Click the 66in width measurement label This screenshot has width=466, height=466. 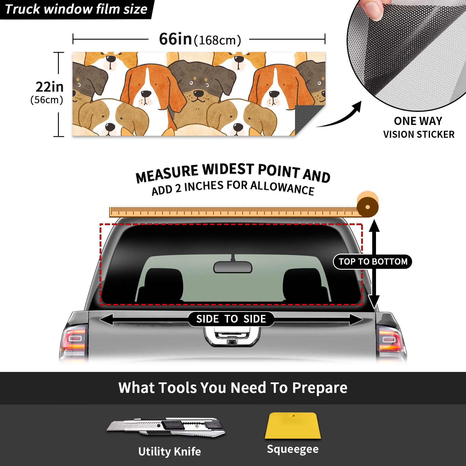200,39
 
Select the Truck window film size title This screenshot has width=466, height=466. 76,9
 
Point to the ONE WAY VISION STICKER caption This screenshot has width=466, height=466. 419,128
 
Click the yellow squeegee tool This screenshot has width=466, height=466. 293,426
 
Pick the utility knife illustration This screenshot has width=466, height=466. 166,428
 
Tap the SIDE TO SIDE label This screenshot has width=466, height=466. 231,319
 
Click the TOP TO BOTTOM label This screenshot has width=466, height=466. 373,262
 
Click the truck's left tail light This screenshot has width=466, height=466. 74,341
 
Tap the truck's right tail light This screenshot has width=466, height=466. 391,341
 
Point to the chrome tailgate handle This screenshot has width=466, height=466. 232,336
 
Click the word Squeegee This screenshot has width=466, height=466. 293,449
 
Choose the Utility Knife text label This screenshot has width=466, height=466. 170,451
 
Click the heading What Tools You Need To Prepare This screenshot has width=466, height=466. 233,388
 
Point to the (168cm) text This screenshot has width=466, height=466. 218,40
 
